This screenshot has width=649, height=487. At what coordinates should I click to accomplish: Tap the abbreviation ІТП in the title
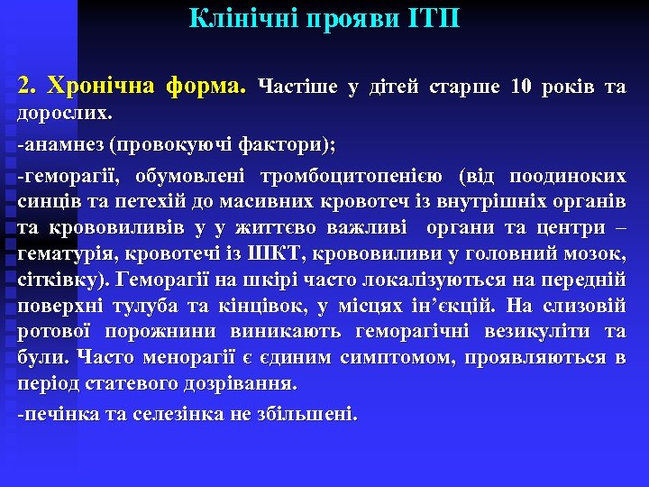tap(435, 18)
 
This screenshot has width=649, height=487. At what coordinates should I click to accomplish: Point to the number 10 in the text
tap(521, 87)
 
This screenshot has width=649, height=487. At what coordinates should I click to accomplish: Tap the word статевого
tap(131, 382)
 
